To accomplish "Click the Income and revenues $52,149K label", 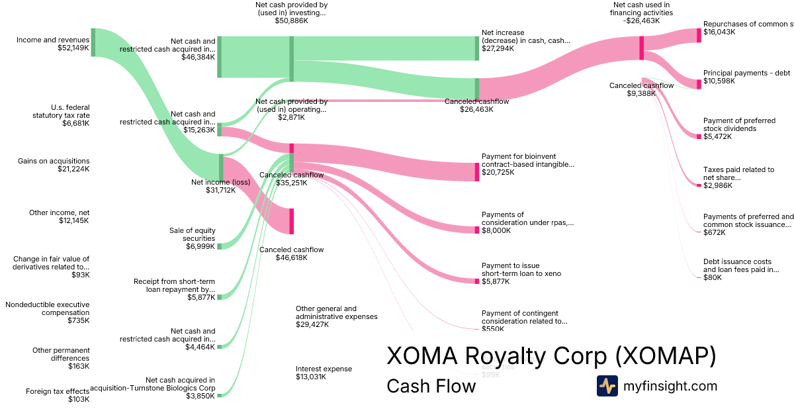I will [x=53, y=44].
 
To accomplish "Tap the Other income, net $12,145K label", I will [x=59, y=216].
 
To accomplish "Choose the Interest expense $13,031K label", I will [x=324, y=373].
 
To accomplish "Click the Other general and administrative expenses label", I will [x=336, y=316].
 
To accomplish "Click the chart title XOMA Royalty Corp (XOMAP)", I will [x=551, y=356].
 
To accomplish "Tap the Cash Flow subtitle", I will [x=431, y=386].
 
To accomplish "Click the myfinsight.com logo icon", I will [x=607, y=386].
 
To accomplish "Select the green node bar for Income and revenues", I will [x=93, y=42].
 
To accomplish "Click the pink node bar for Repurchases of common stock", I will [x=698, y=35].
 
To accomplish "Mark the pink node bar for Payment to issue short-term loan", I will [x=476, y=281].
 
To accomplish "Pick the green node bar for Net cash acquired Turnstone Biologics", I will [x=219, y=395].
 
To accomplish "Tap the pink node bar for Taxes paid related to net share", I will [x=698, y=185].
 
